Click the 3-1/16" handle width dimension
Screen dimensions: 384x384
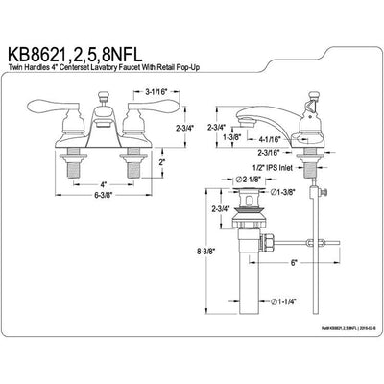(x=105, y=92)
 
